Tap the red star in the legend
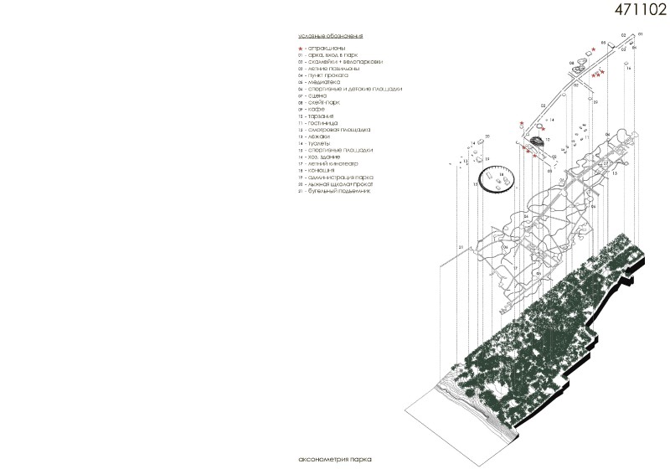(x=301, y=50)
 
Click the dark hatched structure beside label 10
(x=537, y=140)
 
